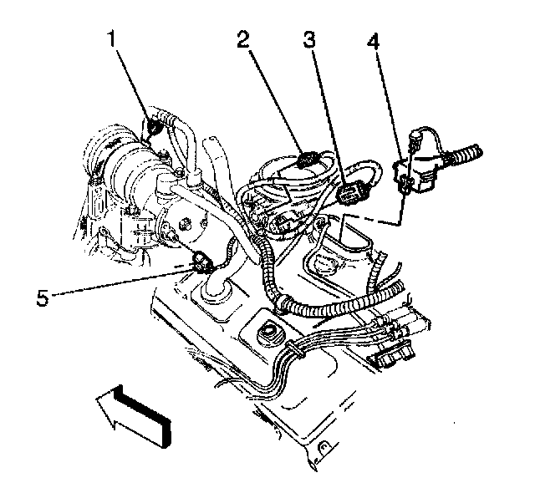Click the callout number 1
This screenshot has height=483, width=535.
[x=110, y=38]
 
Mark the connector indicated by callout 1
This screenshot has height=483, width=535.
[x=155, y=126]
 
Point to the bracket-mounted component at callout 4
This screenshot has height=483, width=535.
[x=422, y=167]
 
